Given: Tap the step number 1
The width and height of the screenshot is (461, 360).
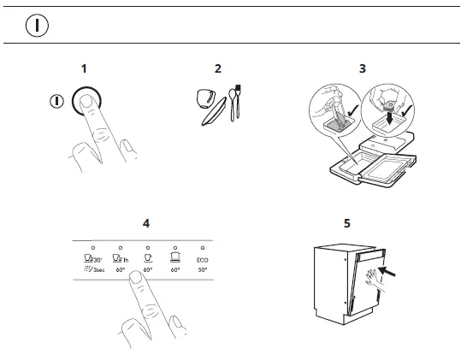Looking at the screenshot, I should tap(84, 68).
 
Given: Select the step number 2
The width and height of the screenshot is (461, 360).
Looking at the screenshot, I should tap(218, 68).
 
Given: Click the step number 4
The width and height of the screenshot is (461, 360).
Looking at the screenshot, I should tap(146, 223).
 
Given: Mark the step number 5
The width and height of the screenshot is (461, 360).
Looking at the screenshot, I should tap(346, 223).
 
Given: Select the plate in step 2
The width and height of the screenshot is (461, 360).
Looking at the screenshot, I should tap(213, 111).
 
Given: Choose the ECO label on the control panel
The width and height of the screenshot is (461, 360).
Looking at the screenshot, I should tap(202, 259).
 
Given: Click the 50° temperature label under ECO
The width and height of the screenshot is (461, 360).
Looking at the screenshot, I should tap(202, 270).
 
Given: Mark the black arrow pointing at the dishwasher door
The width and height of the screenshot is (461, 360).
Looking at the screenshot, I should tap(386, 273).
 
